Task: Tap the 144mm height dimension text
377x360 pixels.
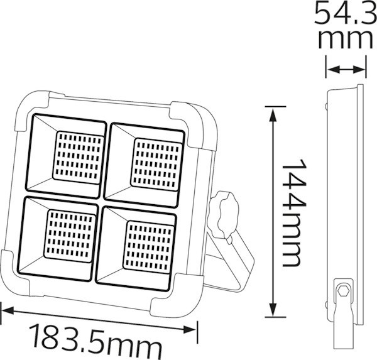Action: click(292, 212)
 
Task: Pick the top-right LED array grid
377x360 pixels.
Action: click(156, 164)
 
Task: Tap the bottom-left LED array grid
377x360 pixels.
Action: click(70, 236)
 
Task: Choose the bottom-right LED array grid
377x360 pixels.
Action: click(148, 246)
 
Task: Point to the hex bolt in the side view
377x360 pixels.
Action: click(343, 292)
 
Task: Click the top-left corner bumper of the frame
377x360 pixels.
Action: click(31, 108)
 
